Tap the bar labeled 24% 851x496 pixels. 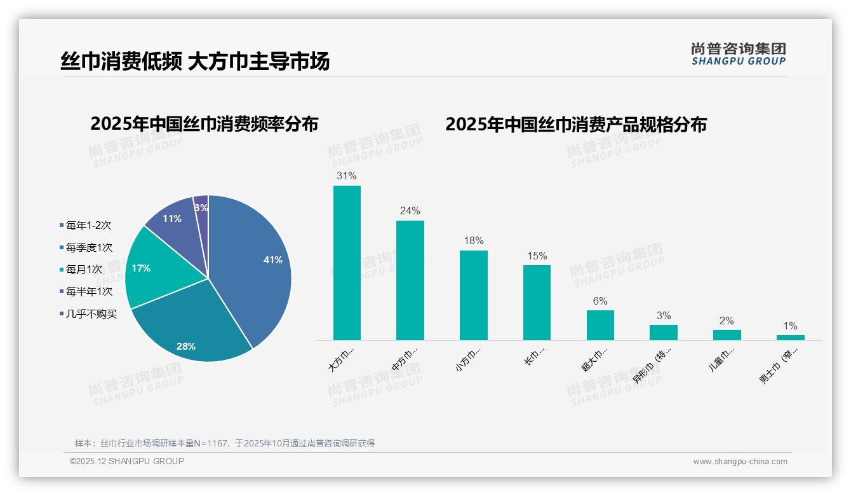click(410, 280)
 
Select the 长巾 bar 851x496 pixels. click(537, 303)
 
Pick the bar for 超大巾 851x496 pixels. click(600, 325)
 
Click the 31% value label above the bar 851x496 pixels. click(347, 176)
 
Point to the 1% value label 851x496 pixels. click(790, 326)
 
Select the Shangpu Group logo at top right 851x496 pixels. click(738, 54)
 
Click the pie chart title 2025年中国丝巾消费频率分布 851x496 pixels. click(204, 124)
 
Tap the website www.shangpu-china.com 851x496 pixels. click(740, 462)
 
